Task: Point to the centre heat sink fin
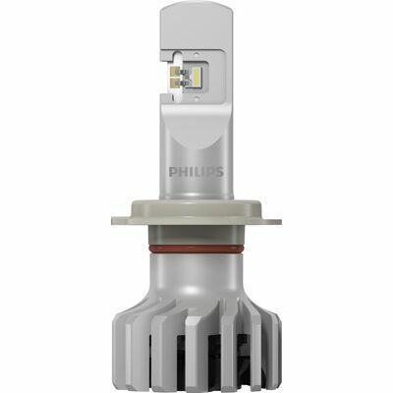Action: click(x=196, y=344)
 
